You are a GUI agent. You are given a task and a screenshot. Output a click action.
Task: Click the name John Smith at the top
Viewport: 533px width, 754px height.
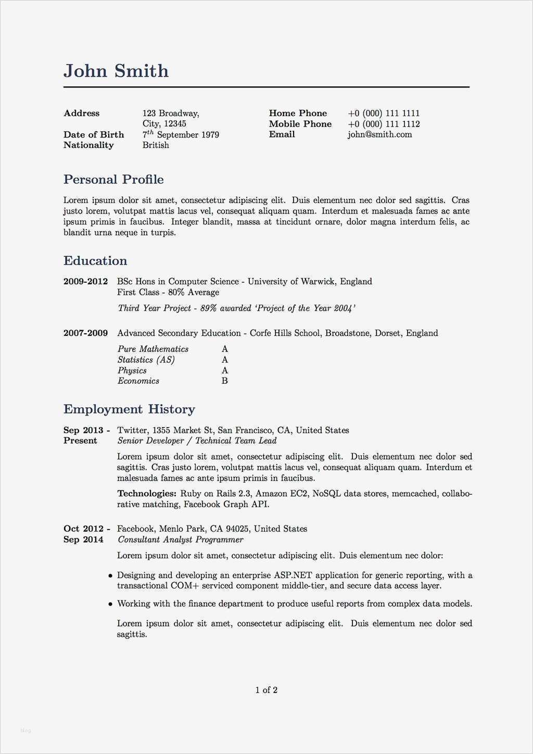point(116,71)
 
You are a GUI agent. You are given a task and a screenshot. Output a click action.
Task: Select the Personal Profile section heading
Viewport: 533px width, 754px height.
point(113,180)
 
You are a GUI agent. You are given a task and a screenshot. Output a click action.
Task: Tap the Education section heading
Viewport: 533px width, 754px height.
point(95,261)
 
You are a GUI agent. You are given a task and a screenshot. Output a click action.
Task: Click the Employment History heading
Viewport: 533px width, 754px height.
point(129,409)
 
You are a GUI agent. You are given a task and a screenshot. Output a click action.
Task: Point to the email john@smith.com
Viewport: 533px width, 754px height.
point(380,134)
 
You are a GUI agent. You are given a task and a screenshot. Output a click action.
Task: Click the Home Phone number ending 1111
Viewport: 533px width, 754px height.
point(384,113)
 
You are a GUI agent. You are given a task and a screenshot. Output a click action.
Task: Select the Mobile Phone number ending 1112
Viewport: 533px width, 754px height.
point(384,124)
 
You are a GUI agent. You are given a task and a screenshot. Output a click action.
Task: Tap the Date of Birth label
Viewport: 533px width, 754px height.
point(94,134)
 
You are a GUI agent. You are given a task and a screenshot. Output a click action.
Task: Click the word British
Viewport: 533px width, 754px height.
point(156,145)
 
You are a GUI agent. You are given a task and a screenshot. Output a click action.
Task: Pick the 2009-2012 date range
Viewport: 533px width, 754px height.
point(85,282)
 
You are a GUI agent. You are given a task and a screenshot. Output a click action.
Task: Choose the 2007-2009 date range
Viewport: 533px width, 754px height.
point(85,333)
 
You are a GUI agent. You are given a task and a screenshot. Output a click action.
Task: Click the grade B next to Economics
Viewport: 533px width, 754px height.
point(225,381)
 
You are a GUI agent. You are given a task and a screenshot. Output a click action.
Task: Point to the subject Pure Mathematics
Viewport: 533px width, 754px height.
point(153,349)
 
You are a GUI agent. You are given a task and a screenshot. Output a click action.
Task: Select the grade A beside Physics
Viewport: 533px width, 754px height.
point(225,371)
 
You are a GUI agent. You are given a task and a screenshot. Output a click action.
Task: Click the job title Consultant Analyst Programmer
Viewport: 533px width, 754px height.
point(181,540)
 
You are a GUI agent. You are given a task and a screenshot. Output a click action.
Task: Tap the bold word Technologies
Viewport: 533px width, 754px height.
point(147,494)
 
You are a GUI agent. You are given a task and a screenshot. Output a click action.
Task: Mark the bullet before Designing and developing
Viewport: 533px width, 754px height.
point(110,576)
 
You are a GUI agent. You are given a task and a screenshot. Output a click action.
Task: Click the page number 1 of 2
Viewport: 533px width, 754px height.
point(266,690)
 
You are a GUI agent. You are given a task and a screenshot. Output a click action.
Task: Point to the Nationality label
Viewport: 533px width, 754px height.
point(88,145)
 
